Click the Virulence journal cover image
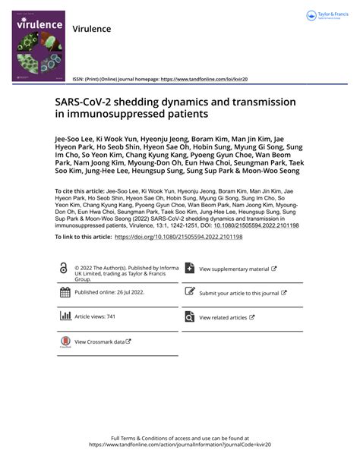click(x=38, y=50)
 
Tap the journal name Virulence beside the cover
click(x=91, y=29)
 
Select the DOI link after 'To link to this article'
click(x=178, y=237)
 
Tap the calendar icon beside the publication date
click(x=65, y=292)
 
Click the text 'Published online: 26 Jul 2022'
click(x=111, y=291)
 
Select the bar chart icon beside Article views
click(x=65, y=316)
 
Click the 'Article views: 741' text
click(x=95, y=316)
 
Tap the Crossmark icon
click(x=65, y=341)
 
